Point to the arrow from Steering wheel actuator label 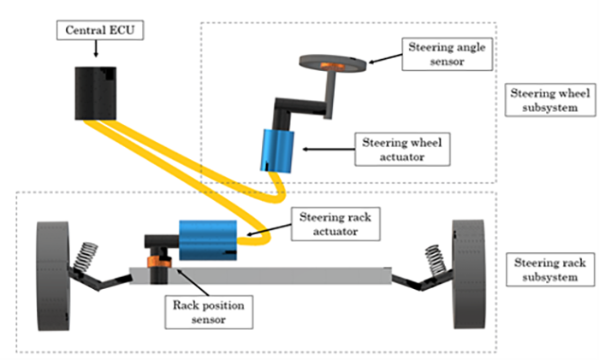pyautogui.click(x=329, y=150)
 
